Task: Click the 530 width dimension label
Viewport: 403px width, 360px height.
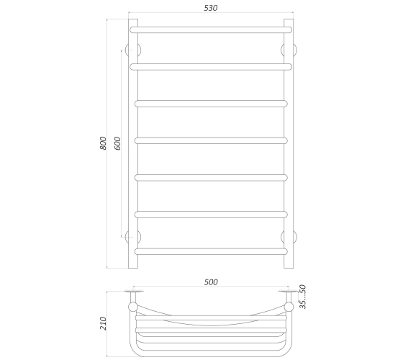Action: pos(211,8)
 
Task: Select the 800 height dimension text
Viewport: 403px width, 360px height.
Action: pos(103,143)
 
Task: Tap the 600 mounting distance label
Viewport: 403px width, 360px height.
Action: pos(117,143)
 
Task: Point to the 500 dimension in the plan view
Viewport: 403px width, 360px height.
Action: pos(211,282)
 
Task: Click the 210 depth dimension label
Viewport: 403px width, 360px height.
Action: pos(103,323)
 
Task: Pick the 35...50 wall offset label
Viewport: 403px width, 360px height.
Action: pos(303,297)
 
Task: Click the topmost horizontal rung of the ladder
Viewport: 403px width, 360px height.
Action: pos(211,30)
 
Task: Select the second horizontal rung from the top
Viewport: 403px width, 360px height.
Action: pos(211,67)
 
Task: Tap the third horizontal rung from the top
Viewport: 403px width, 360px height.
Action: pos(211,104)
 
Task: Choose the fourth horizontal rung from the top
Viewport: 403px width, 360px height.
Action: pos(211,140)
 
